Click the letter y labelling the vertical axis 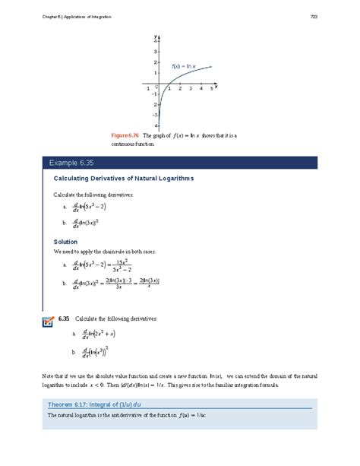(x=155, y=34)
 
